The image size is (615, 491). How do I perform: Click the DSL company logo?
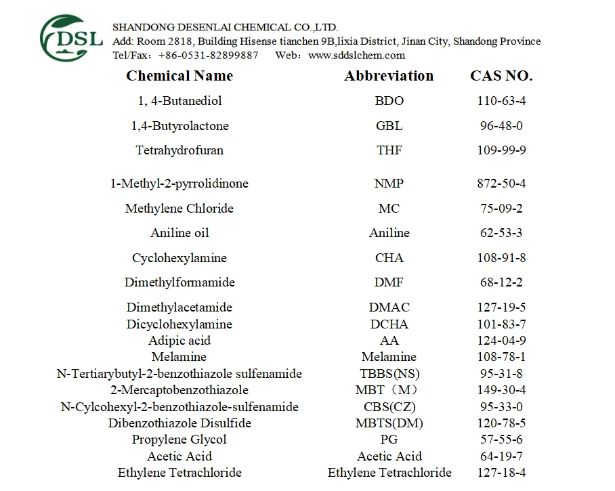pyautogui.click(x=70, y=37)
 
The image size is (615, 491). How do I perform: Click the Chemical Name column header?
pyautogui.click(x=179, y=76)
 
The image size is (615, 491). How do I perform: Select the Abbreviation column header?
pyautogui.click(x=389, y=76)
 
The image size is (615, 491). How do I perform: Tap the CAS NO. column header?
pyautogui.click(x=501, y=76)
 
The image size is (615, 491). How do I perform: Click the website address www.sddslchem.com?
pyautogui.click(x=356, y=56)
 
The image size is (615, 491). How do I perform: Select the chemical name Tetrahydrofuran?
pyautogui.click(x=179, y=150)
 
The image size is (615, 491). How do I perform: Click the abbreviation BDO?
pyautogui.click(x=389, y=101)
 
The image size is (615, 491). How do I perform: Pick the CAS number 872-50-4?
pyautogui.click(x=501, y=184)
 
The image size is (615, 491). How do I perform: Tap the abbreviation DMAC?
pyautogui.click(x=389, y=307)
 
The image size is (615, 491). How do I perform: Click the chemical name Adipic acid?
pyautogui.click(x=179, y=341)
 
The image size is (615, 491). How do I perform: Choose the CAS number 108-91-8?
pyautogui.click(x=501, y=258)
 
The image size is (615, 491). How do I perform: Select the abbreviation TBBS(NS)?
pyautogui.click(x=389, y=374)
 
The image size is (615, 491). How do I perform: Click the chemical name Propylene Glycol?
pyautogui.click(x=179, y=440)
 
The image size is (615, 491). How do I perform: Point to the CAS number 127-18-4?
pyautogui.click(x=501, y=473)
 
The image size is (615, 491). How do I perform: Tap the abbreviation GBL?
pyautogui.click(x=389, y=126)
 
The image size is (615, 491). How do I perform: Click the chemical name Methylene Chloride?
pyautogui.click(x=179, y=209)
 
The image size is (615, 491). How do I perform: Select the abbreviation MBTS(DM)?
pyautogui.click(x=389, y=423)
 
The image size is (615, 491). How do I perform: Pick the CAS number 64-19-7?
pyautogui.click(x=501, y=456)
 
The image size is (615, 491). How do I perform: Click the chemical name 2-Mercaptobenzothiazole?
pyautogui.click(x=179, y=390)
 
